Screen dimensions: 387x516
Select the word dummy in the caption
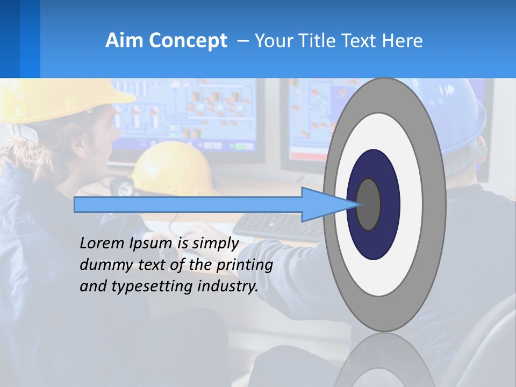[x=104, y=265]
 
